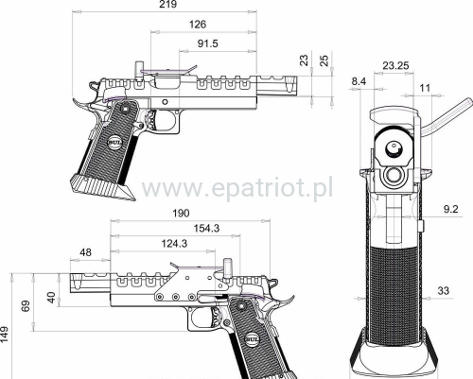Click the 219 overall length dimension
pyautogui.click(x=168, y=6)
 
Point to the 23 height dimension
pyautogui.click(x=304, y=60)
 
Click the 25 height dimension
pyautogui.click(x=324, y=60)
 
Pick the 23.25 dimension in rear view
pyautogui.click(x=395, y=66)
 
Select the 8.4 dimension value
pyautogui.click(x=359, y=83)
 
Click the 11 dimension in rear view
pyautogui.click(x=424, y=88)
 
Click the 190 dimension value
pyautogui.click(x=182, y=214)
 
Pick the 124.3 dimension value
pyautogui.click(x=173, y=245)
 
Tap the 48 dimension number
pyautogui.click(x=86, y=252)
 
